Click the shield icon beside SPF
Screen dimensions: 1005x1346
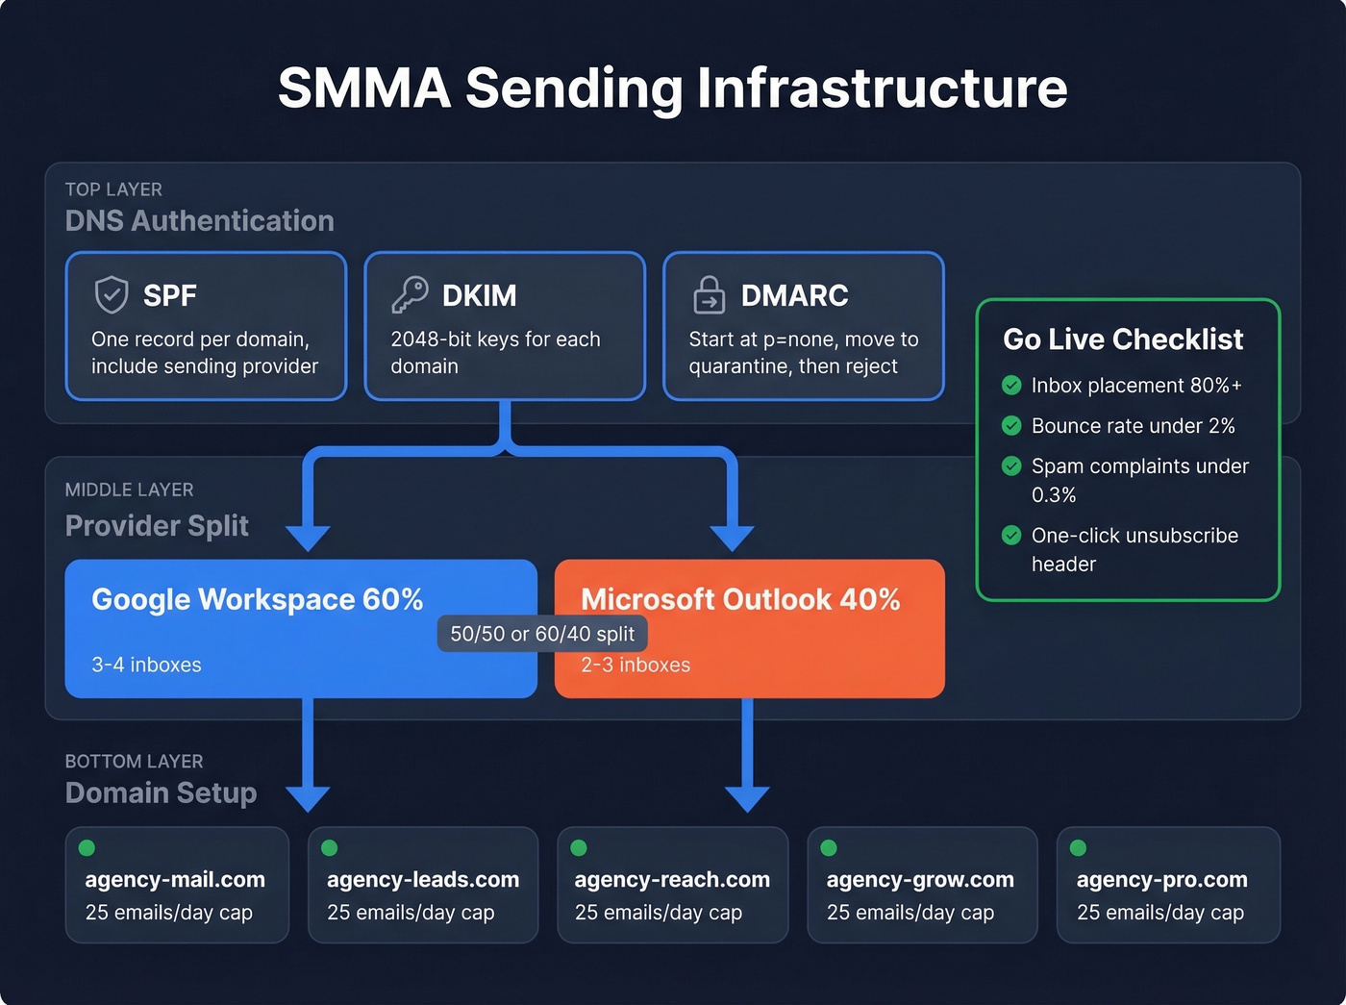point(112,294)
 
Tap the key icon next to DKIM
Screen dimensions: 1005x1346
point(410,294)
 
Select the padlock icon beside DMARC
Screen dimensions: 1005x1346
point(710,295)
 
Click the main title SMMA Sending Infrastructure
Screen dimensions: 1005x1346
point(672,88)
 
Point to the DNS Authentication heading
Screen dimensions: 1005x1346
point(199,220)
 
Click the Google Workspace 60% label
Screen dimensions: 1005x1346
point(257,599)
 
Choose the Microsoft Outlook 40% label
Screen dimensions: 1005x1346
point(740,599)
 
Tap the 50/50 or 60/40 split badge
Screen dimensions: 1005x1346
point(542,634)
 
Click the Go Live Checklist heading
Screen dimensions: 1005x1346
point(1122,339)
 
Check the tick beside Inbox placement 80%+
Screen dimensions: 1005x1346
point(1011,386)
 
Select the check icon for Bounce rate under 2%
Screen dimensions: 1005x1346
point(1011,426)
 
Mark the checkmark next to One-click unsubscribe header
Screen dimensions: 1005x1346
point(1011,536)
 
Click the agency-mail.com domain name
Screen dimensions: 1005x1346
point(175,879)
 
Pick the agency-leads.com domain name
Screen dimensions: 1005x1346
point(423,879)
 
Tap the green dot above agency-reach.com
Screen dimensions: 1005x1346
point(579,847)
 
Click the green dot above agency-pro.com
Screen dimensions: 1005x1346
point(1078,847)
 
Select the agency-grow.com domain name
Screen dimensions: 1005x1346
point(920,879)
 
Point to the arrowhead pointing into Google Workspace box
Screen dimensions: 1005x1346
point(308,538)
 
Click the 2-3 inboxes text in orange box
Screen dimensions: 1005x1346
point(636,665)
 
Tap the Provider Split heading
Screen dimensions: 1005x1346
point(157,525)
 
